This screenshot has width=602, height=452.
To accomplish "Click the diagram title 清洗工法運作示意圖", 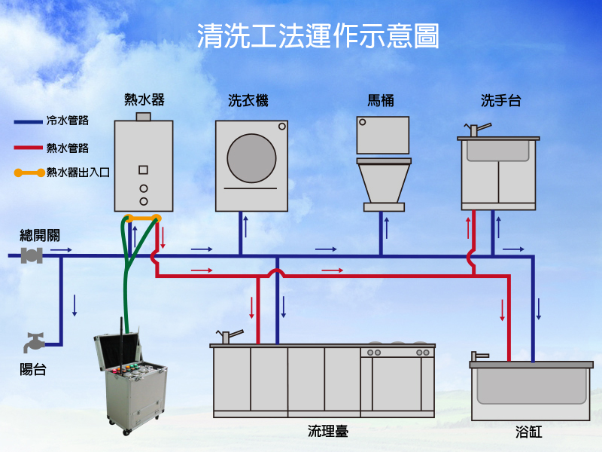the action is click(x=318, y=35).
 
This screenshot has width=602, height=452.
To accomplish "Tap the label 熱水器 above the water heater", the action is click(x=144, y=100).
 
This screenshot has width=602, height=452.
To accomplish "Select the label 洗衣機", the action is click(x=248, y=101).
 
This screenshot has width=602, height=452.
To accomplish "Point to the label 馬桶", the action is click(x=381, y=101).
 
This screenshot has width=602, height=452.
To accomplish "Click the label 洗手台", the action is click(x=500, y=101).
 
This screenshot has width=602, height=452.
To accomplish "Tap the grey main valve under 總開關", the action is click(x=32, y=255).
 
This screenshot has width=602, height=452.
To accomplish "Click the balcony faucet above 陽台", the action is click(x=34, y=342).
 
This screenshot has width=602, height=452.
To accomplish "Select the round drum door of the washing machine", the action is click(x=251, y=158).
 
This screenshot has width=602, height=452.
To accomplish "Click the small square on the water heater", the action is click(x=143, y=170).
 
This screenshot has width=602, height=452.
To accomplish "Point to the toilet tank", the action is click(x=383, y=136).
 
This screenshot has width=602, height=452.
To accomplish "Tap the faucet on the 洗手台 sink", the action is click(x=477, y=129).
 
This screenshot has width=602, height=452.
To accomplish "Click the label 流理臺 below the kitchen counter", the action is click(x=328, y=431).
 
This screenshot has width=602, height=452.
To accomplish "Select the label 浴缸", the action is click(x=529, y=432).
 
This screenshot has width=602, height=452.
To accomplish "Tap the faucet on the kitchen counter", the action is click(x=230, y=336).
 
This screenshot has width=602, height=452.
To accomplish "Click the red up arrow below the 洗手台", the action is click(x=468, y=228).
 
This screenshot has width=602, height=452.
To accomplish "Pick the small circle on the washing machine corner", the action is click(x=281, y=126).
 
